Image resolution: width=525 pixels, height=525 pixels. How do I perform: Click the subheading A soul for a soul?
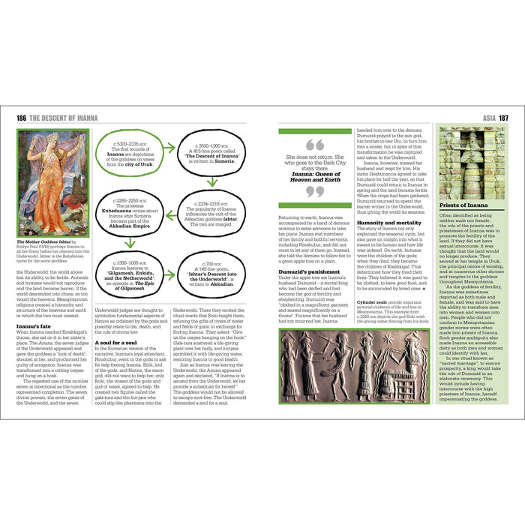click(x=116, y=342)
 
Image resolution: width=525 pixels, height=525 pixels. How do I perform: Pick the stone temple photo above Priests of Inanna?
click(x=472, y=161)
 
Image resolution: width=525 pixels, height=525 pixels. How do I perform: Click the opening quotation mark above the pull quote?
click(x=315, y=144)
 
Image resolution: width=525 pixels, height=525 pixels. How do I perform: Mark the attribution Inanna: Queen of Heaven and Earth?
click(x=315, y=177)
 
